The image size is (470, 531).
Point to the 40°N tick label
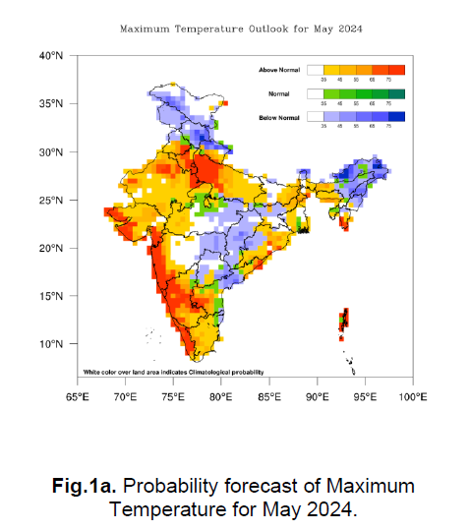pos(52,56)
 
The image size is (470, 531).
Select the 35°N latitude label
pos(52,104)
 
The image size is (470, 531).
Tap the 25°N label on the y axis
pos(52,201)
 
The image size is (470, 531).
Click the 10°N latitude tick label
pos(52,344)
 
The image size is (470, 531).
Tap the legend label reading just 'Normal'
pos(280,93)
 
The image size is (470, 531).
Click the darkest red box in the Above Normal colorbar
pos(396,70)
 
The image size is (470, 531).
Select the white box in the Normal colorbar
pos(315,93)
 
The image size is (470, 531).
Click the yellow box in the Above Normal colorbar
pos(331,70)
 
